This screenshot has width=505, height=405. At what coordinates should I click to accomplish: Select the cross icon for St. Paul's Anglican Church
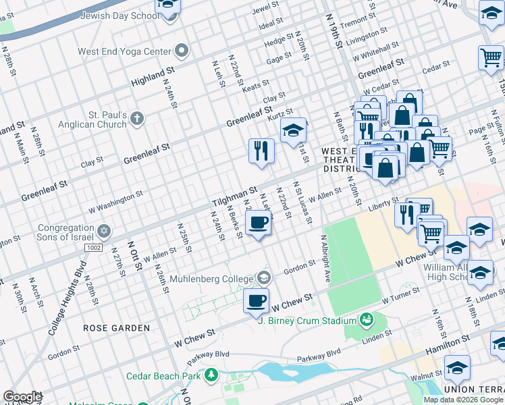[137, 119]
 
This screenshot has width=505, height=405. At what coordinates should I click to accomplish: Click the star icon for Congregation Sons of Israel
[103, 231]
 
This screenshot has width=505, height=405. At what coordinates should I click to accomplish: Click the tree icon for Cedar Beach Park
[211, 375]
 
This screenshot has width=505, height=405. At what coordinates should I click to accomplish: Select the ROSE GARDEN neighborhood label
[116, 328]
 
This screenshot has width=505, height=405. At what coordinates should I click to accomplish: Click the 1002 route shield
[95, 248]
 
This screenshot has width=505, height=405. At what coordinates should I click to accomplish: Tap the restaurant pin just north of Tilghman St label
[261, 151]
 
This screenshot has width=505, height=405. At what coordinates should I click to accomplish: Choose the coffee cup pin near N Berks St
[258, 223]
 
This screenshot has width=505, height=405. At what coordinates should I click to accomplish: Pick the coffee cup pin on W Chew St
[255, 301]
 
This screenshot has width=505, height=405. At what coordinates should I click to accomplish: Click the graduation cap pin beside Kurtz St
[293, 131]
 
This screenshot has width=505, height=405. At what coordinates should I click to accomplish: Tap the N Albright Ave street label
[325, 259]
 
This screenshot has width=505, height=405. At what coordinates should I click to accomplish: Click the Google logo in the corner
[22, 397]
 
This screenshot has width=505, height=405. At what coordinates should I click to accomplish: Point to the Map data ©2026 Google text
[463, 400]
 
